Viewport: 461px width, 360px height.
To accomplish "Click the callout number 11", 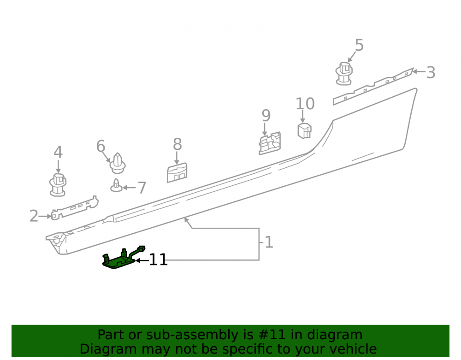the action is click(158, 260).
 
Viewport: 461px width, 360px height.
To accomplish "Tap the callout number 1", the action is click(269, 242).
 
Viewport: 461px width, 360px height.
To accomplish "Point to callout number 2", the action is click(34, 216).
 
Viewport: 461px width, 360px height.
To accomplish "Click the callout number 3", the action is click(431, 72).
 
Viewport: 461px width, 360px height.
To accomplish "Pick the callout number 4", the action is click(58, 152).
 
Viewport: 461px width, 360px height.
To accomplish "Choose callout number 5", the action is click(359, 45).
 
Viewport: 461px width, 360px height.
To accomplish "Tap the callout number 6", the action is click(100, 146).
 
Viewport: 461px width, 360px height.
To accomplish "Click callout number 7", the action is click(142, 188).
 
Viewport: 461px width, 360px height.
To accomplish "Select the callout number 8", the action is click(177, 144).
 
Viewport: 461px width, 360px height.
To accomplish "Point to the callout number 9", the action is click(266, 116).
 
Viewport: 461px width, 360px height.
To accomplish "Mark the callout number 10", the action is click(305, 103).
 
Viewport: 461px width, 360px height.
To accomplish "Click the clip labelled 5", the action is click(344, 74).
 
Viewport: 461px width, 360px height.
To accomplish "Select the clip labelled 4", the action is click(58, 185).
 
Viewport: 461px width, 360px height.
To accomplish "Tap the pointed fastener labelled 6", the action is click(118, 163).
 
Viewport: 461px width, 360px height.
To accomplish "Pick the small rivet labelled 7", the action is click(116, 185).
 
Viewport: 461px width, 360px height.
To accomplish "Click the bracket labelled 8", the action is click(177, 173).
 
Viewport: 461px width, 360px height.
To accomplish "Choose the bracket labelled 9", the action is click(270, 143).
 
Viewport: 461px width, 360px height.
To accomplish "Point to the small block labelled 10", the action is click(304, 131).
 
